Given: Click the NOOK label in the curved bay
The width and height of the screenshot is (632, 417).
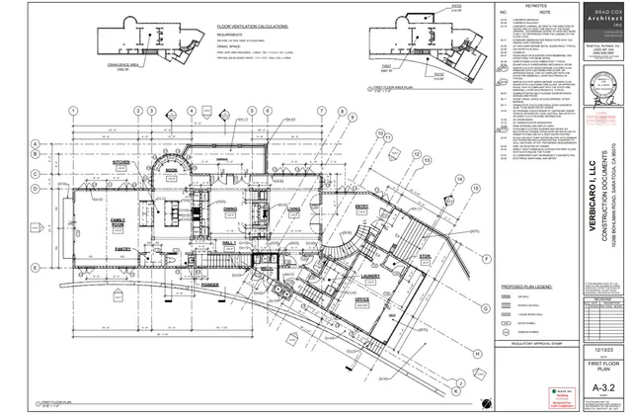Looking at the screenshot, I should click(171, 170).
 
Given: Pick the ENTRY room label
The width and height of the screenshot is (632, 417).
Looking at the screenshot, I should click(333, 207).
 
